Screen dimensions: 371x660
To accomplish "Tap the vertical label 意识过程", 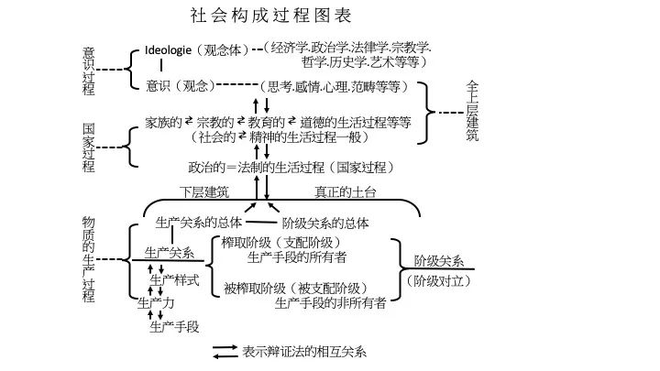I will click(89, 69).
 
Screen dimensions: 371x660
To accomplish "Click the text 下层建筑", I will click(204, 191).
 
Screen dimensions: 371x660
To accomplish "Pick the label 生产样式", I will click(174, 279).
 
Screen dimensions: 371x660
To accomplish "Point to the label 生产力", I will click(156, 302).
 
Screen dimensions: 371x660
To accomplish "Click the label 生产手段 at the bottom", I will click(174, 325).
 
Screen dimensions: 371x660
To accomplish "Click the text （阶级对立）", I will click(439, 279).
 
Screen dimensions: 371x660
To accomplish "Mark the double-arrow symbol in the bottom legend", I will click(225, 351).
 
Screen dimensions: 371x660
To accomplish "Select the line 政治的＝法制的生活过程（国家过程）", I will click(291, 168).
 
